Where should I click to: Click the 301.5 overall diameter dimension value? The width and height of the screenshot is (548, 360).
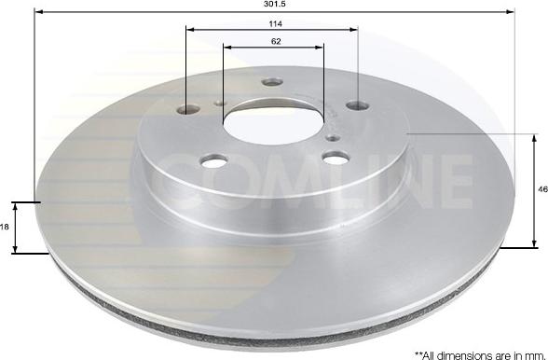coord(273,5)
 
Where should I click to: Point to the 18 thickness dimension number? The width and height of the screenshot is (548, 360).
coord(6,227)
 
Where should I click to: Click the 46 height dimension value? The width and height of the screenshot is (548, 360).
coord(542,189)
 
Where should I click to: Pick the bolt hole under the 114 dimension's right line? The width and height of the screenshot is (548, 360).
coord(358,106)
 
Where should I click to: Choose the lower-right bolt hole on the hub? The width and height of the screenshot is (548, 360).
coord(336,157)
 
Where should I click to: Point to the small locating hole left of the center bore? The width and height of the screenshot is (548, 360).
coord(220,104)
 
